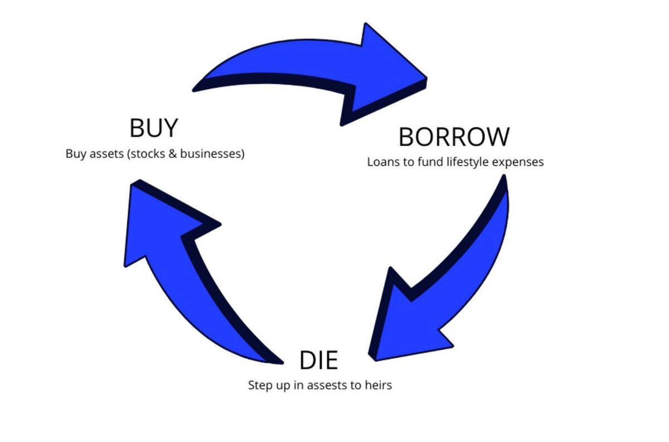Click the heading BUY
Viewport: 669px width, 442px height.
(x=153, y=128)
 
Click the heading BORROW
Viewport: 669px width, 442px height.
(x=454, y=137)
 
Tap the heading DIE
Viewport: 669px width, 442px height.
(x=318, y=361)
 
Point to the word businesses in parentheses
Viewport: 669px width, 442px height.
(x=213, y=154)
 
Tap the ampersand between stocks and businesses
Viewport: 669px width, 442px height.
(x=173, y=154)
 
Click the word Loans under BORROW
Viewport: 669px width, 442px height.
(x=380, y=162)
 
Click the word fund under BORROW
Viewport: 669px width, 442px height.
(x=422, y=162)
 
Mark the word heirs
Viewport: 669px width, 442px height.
(x=378, y=385)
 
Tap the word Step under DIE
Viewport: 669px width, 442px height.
(x=259, y=385)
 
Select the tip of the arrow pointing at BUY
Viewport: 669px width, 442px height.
(x=132, y=184)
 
